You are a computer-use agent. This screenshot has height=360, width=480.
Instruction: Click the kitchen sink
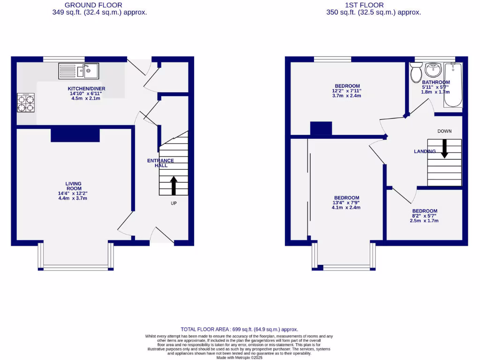pyautogui.click(x=78, y=71)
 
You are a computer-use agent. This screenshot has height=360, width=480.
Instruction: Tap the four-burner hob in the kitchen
pyautogui.click(x=26, y=103)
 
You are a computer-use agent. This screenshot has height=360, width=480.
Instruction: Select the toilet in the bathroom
pyautogui.click(x=415, y=73)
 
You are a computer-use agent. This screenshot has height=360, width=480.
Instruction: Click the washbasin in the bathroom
pyautogui.click(x=433, y=71)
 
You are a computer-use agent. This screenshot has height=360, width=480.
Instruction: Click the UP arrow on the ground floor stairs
pyautogui.click(x=173, y=185)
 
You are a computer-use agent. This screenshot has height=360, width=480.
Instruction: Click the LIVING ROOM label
pyautogui.click(x=74, y=186)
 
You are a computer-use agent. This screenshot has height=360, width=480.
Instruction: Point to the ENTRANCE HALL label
pyautogui.click(x=160, y=163)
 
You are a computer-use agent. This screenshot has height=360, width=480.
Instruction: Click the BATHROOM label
pyautogui.click(x=435, y=82)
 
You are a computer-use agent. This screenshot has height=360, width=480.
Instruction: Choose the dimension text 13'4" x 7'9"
pyautogui.click(x=346, y=202)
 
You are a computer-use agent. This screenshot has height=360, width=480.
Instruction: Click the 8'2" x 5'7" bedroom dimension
pyautogui.click(x=424, y=216)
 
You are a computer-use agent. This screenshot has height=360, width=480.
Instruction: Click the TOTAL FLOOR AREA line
pyautogui.click(x=240, y=330)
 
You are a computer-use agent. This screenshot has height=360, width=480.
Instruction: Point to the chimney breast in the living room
pyautogui.click(x=75, y=134)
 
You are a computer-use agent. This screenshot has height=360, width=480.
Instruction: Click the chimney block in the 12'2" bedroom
pyautogui.click(x=321, y=128)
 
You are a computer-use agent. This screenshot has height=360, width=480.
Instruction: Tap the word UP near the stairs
pyautogui.click(x=173, y=203)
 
